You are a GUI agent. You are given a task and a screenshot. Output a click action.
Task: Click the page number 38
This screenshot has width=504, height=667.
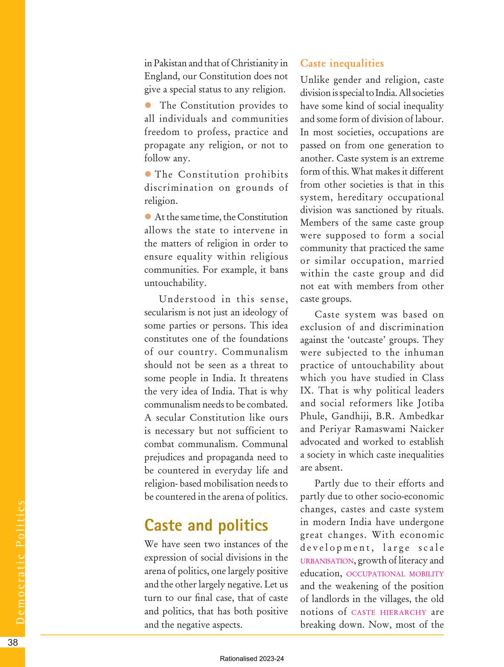(x=13, y=642)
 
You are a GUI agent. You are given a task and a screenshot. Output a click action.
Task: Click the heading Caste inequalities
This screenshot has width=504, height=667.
(x=342, y=63)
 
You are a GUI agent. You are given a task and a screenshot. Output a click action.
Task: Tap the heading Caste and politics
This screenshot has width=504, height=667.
(x=206, y=525)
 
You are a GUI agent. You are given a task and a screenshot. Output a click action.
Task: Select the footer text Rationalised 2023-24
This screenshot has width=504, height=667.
(x=252, y=659)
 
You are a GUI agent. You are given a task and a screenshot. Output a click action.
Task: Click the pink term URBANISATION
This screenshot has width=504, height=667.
(x=327, y=561)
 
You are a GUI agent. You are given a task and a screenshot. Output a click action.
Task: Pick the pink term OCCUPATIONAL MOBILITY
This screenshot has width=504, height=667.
(x=395, y=574)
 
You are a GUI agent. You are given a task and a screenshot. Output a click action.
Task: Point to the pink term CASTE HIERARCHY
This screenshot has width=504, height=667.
(x=389, y=612)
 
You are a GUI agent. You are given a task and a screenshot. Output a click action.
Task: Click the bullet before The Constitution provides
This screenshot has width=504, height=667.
(x=148, y=105)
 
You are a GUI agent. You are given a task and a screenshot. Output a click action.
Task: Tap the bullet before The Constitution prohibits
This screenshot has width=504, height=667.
(x=148, y=174)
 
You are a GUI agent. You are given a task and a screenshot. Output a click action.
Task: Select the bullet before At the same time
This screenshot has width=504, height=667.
(x=148, y=216)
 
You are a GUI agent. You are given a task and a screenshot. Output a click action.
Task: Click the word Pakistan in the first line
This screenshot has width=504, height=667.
(x=170, y=63)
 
